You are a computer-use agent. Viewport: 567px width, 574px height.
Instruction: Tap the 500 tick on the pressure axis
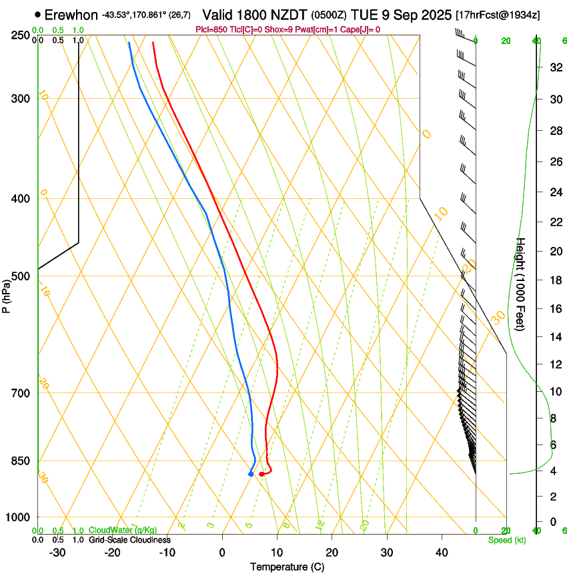[x=21, y=276]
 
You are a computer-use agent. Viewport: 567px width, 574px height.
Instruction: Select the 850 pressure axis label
[x=21, y=461]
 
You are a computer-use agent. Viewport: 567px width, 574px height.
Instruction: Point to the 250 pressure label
[x=21, y=35]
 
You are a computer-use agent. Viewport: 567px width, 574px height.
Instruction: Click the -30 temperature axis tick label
[x=57, y=552]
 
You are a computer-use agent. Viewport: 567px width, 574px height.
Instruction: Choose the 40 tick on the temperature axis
[x=442, y=552]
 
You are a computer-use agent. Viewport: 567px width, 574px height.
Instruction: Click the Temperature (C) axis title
[x=287, y=567]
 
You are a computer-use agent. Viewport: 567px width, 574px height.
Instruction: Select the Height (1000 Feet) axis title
[x=521, y=283]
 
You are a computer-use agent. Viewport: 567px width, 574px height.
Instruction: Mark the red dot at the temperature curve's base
[x=261, y=474]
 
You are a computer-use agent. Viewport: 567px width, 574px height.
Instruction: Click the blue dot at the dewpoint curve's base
[x=251, y=474]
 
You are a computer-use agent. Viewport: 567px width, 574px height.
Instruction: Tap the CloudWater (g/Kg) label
[x=123, y=530]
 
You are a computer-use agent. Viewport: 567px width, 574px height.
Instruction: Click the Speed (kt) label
[x=506, y=539]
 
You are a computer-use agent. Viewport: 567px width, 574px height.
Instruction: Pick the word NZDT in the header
[x=291, y=15]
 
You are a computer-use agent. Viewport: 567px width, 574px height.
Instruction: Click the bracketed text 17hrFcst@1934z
[x=498, y=15]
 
